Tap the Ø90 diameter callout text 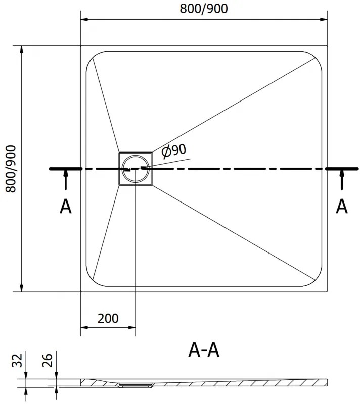point(173,150)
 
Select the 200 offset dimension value point(108,318)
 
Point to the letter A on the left point(65,206)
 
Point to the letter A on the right point(342,206)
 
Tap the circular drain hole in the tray point(136,168)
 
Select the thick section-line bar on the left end point(65,169)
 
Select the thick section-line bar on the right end point(343,169)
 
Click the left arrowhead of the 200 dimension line point(84,328)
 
